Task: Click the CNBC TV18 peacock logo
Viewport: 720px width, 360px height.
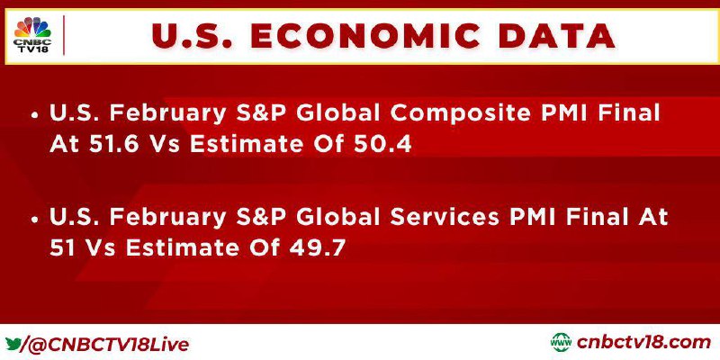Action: click(33, 35)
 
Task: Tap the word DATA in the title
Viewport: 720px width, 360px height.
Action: click(557, 36)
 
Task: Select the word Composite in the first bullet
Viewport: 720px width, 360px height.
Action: click(459, 114)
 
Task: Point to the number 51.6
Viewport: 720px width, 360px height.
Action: click(107, 144)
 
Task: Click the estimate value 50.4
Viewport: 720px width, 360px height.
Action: click(382, 144)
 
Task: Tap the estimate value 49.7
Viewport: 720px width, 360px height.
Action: click(318, 248)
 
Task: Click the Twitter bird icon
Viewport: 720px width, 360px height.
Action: click(13, 344)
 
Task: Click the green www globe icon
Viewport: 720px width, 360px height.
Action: click(561, 343)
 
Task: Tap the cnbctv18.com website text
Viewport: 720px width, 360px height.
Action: click(643, 343)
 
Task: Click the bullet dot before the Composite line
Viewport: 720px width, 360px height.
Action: click(34, 116)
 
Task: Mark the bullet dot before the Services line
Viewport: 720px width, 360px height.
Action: click(34, 220)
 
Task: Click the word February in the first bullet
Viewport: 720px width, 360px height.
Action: click(167, 114)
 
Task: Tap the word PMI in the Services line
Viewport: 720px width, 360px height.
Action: click(527, 217)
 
